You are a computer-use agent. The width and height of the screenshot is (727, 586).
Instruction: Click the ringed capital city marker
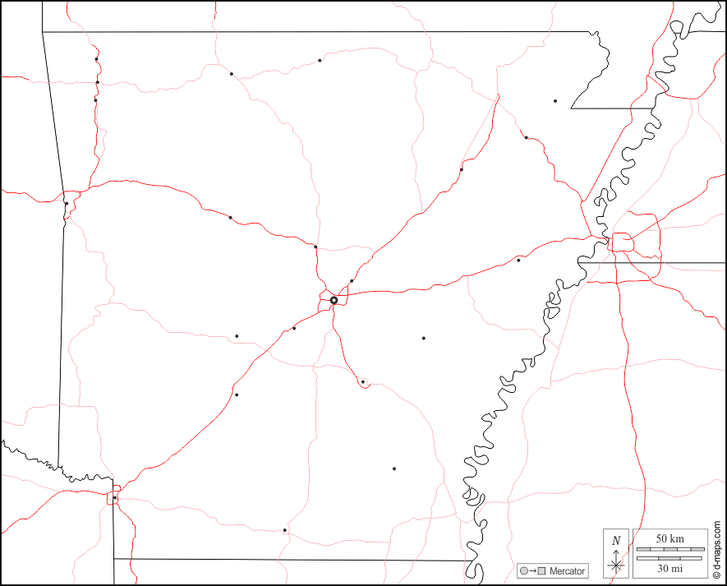pos(334,301)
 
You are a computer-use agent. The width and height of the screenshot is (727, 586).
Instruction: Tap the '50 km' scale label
pos(669,538)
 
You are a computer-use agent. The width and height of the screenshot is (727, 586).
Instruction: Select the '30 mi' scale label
pos(669,568)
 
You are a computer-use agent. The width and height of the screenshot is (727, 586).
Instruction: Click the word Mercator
pos(567,571)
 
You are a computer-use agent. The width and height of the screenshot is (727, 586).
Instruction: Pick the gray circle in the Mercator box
pos(522,571)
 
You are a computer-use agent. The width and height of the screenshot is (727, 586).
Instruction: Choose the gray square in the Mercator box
pos(541,571)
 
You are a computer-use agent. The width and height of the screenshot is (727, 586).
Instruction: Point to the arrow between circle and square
pos(532,571)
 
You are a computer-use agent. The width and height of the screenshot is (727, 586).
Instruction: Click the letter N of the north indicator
pos(616,540)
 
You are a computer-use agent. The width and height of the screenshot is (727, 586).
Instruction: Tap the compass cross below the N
pos(616,565)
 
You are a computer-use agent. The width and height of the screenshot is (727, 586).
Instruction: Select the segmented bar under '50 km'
pos(669,547)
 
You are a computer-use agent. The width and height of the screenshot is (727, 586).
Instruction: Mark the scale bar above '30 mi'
pos(669,558)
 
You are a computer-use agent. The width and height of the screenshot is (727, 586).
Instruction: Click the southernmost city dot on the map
pos(285,530)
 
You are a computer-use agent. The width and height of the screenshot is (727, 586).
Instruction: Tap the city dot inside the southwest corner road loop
pos(115,498)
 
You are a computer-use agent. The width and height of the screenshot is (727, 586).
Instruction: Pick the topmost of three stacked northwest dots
pos(96,59)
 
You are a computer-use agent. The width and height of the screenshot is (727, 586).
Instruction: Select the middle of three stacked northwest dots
pos(97,82)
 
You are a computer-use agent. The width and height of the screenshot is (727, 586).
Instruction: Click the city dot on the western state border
pos(66,203)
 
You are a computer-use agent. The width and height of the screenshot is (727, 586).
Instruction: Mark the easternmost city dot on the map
pos(555,101)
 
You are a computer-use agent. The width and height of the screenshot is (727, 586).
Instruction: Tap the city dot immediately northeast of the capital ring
pos(352,281)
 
